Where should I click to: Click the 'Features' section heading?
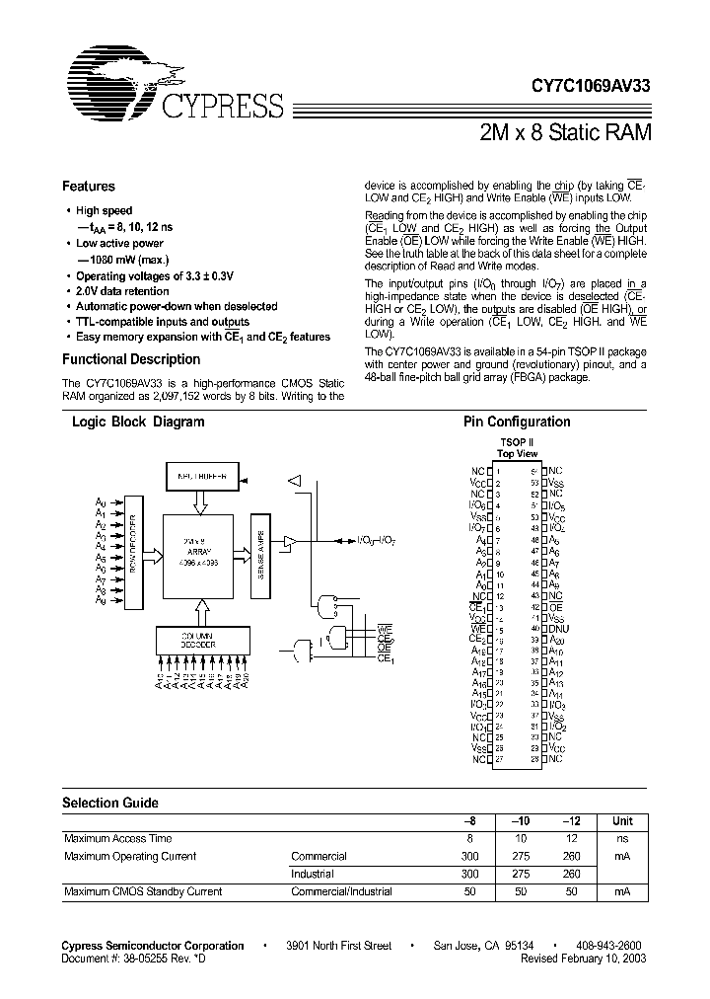point(89,187)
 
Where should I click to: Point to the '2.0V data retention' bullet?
point(122,291)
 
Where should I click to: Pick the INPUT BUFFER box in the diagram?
point(201,476)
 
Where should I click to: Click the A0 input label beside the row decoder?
point(100,502)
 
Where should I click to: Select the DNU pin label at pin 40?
point(557,628)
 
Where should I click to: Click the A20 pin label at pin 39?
point(556,640)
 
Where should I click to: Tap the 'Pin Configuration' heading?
point(517,422)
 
